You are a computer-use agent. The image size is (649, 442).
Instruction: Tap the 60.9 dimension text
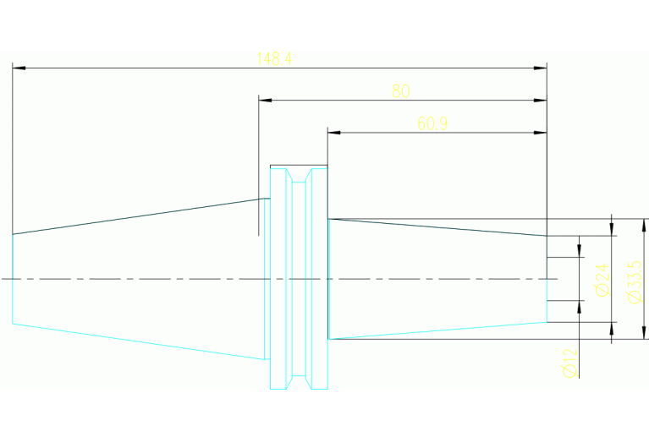(432, 123)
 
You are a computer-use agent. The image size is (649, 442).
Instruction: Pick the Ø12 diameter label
(569, 363)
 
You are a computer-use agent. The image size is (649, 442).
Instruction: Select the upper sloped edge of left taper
(135, 216)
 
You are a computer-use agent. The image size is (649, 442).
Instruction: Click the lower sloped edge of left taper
(135, 341)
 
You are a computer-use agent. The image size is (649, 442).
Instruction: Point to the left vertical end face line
(13, 279)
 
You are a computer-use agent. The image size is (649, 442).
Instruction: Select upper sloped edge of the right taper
(436, 226)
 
